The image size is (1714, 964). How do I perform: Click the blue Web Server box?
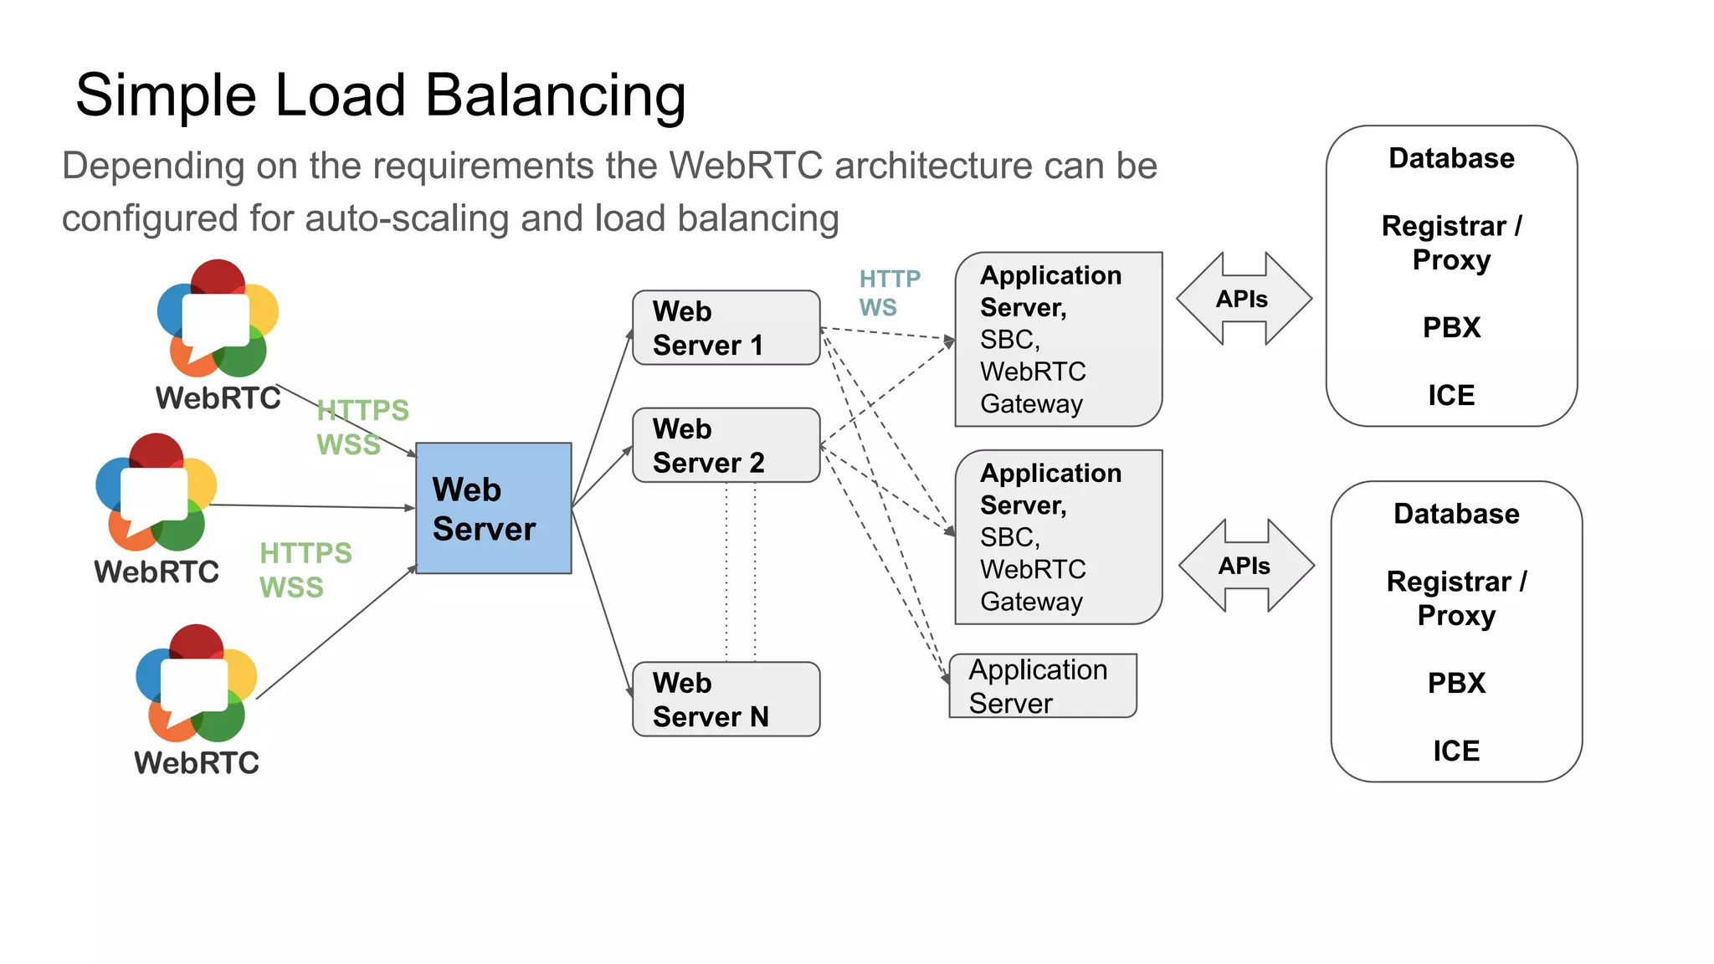[493, 508]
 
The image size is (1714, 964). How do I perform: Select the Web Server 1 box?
[726, 328]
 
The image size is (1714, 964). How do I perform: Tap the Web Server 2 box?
[726, 445]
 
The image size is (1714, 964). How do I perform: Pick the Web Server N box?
[726, 700]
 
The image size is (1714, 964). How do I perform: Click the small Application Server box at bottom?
[1042, 686]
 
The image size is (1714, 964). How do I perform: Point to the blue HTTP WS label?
[889, 293]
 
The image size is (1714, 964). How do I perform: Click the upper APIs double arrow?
[1244, 299]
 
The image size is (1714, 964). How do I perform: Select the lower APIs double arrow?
[1246, 566]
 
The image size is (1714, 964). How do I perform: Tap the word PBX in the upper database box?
[1451, 327]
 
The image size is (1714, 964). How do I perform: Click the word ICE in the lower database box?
[1455, 751]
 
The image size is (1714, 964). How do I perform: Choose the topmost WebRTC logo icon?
[218, 319]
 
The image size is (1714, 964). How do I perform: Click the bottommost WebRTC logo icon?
[197, 683]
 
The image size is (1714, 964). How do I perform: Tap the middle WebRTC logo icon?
[157, 492]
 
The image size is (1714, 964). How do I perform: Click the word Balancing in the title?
[556, 95]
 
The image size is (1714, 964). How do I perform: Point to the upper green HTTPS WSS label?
[362, 427]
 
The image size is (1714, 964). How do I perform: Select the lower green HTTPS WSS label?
[305, 570]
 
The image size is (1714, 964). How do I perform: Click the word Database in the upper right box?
[1451, 158]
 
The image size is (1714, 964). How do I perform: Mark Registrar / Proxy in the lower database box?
[1456, 597]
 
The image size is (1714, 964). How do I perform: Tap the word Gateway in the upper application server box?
[1031, 404]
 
